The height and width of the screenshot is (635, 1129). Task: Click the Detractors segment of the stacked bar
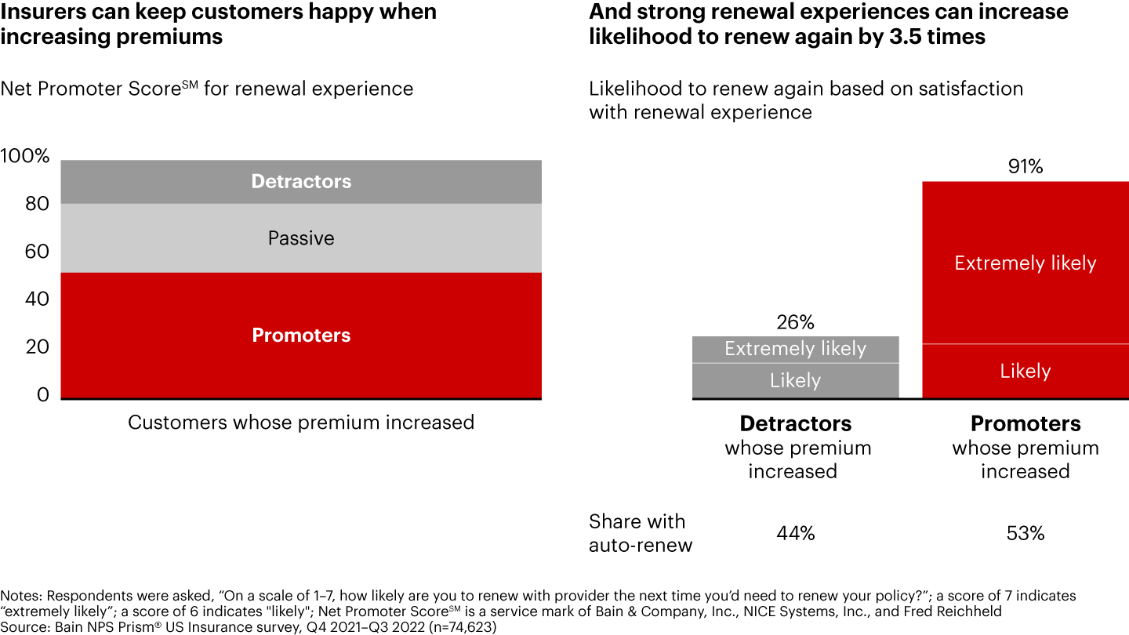coord(301,182)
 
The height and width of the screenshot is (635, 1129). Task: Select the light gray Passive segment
coord(301,238)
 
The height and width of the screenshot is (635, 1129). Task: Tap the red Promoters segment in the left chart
coord(301,336)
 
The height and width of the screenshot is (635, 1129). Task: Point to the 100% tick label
coord(25,156)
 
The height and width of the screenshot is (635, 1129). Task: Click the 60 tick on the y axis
coord(37,252)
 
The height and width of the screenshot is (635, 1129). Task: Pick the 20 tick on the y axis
coord(37,347)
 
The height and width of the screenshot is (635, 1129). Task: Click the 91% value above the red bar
coord(1026,166)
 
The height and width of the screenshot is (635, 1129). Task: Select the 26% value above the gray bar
coord(795,322)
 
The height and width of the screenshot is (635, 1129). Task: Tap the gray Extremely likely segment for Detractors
coord(795,349)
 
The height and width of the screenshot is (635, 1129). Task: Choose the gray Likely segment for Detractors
coord(795,381)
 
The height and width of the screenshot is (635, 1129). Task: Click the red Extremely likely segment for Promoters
coord(1026,263)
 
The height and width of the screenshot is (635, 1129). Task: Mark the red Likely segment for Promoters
coord(1026,371)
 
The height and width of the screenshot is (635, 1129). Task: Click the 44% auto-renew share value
coord(795,534)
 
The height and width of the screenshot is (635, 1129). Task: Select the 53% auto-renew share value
coord(1026,534)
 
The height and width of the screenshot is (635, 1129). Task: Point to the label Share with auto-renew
coord(640,533)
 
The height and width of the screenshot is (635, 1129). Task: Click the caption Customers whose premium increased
coord(301,423)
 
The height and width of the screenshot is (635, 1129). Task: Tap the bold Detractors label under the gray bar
coord(795,424)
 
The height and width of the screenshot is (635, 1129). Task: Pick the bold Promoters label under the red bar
coord(1026,424)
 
